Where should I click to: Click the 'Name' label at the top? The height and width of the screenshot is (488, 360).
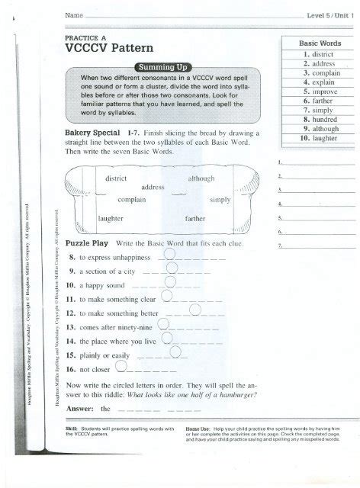[x=74, y=14]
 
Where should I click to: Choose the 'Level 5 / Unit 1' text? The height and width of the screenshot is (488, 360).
[x=329, y=14]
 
